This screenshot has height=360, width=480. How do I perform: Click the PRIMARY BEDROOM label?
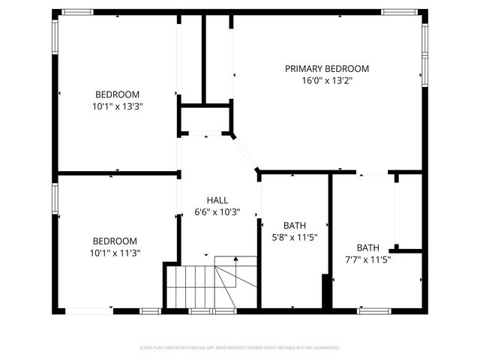pyautogui.click(x=326, y=68)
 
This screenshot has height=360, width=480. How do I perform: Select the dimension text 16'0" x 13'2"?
pyautogui.click(x=326, y=80)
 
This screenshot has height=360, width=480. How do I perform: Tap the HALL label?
pyautogui.click(x=217, y=199)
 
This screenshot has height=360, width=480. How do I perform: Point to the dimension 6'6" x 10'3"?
pyautogui.click(x=217, y=211)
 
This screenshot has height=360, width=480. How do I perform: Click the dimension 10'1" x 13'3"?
pyautogui.click(x=117, y=106)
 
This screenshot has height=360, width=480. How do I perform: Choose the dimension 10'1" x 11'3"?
pyautogui.click(x=115, y=253)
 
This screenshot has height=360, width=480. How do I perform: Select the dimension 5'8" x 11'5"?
pyautogui.click(x=294, y=238)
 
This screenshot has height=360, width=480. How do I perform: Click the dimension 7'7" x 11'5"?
pyautogui.click(x=367, y=259)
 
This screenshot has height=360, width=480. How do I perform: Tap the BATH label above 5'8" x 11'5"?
pyautogui.click(x=294, y=226)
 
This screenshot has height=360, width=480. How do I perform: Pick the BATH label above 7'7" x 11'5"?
pyautogui.click(x=367, y=247)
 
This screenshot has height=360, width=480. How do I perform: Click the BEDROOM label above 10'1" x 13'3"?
pyautogui.click(x=117, y=94)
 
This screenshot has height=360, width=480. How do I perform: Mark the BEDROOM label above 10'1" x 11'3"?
pyautogui.click(x=115, y=241)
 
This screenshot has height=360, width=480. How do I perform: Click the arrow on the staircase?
pyautogui.click(x=236, y=259)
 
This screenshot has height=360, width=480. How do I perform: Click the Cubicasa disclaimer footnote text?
pyautogui.click(x=240, y=348)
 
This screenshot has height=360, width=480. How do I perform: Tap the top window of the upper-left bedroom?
pyautogui.click(x=77, y=12)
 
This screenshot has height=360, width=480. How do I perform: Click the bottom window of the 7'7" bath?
pyautogui.click(x=373, y=310)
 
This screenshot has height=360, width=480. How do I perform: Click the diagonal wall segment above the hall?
pyautogui.click(x=245, y=154)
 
